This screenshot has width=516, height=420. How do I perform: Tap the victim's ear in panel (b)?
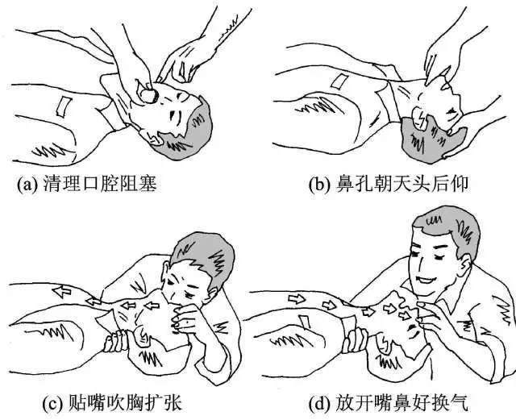[x=421, y=121]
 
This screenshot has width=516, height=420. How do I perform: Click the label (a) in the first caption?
[x=27, y=185]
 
